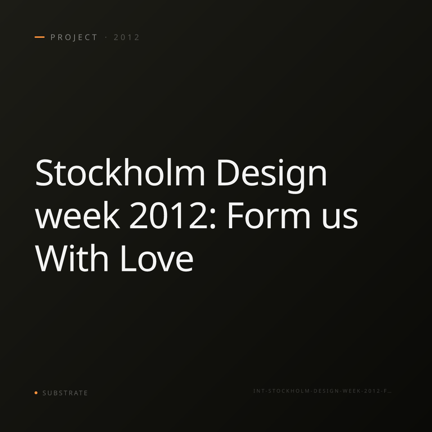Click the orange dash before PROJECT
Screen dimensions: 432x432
point(40,37)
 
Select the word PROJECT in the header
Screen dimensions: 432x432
point(74,37)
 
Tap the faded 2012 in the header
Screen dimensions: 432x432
point(126,37)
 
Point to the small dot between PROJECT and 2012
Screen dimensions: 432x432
point(106,37)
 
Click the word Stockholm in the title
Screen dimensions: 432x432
point(120,172)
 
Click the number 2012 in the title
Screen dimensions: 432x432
point(168,215)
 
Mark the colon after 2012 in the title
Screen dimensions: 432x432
point(213,219)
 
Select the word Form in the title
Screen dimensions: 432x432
point(269,215)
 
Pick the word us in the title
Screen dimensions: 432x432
point(340,219)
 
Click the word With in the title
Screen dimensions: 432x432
point(72,258)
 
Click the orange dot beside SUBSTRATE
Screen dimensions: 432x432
point(36,392)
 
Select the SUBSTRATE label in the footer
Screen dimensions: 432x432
point(65,393)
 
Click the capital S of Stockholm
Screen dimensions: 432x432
point(44,173)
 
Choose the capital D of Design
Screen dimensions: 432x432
point(227,173)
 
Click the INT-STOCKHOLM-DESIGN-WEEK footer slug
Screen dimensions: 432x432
point(322,391)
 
